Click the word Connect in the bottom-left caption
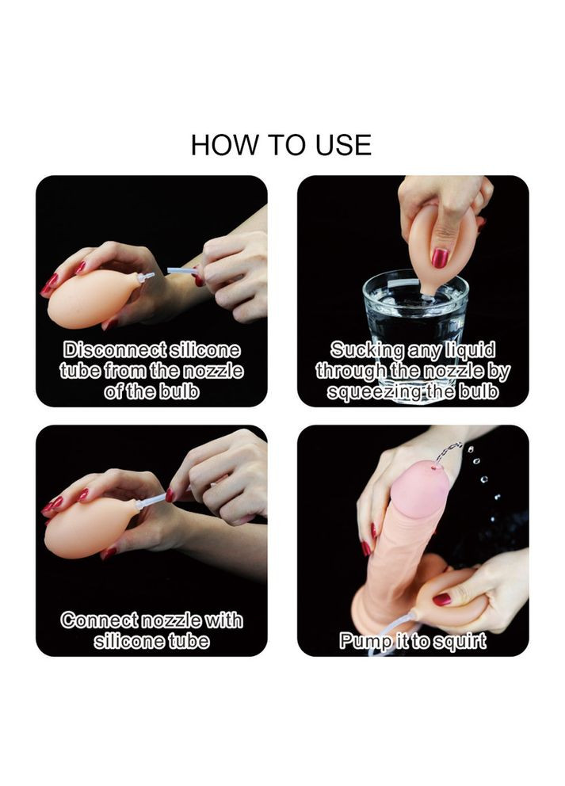coord(99,620)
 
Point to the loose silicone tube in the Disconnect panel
coord(181,271)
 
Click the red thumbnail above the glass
coord(440,258)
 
